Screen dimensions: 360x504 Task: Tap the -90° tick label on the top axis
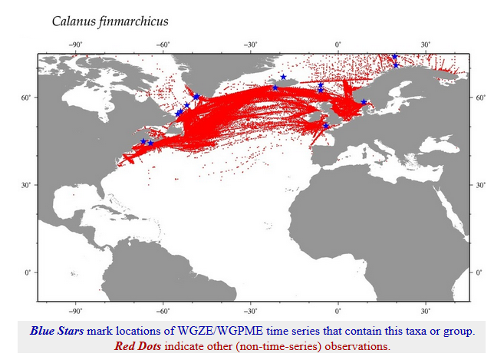pyautogui.click(x=75, y=45)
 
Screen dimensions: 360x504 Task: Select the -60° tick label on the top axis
pyautogui.click(x=163, y=45)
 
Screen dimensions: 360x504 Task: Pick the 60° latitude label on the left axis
pyautogui.click(x=28, y=97)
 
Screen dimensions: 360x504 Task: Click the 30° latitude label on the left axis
pyautogui.click(x=28, y=185)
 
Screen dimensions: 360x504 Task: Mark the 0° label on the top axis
pyautogui.click(x=339, y=45)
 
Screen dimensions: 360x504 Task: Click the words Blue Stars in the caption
pyautogui.click(x=58, y=332)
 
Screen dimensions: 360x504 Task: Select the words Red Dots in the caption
pyautogui.click(x=137, y=345)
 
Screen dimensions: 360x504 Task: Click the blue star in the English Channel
pyautogui.click(x=325, y=126)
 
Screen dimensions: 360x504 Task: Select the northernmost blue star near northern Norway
pyautogui.click(x=394, y=57)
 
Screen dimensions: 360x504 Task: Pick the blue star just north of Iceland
pyautogui.click(x=284, y=77)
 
